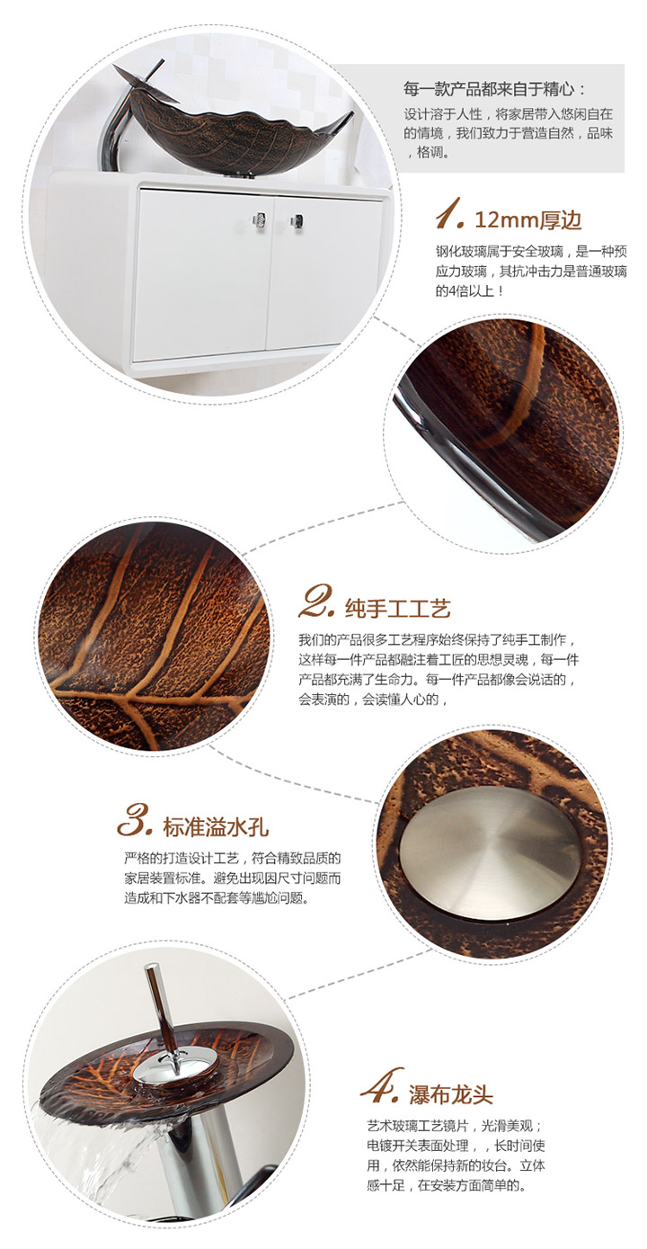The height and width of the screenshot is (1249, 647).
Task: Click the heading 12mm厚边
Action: [x=527, y=220]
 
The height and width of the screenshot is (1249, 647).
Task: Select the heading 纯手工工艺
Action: [x=397, y=608]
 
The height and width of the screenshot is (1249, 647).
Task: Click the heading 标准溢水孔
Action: [x=216, y=827]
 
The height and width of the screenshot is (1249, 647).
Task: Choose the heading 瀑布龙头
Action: [x=451, y=1095]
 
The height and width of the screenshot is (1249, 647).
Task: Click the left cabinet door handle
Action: [x=260, y=219]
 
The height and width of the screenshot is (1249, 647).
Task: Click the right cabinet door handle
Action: [x=297, y=221]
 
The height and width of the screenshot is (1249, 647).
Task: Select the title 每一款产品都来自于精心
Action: [x=495, y=89]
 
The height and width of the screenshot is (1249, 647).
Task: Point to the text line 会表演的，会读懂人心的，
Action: [x=373, y=700]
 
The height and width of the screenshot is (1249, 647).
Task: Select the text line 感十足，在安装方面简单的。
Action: [x=447, y=1185]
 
